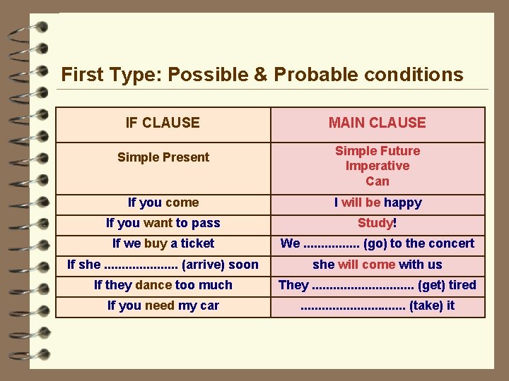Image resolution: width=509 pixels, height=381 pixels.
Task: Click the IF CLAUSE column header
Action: pyautogui.click(x=163, y=123)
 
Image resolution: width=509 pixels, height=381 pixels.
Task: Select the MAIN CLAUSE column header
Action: pyautogui.click(x=377, y=123)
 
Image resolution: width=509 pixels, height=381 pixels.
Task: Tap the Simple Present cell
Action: pyautogui.click(x=163, y=157)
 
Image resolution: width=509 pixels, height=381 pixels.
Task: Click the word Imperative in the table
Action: pyautogui.click(x=377, y=166)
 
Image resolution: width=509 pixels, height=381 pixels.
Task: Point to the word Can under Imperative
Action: pyautogui.click(x=377, y=181)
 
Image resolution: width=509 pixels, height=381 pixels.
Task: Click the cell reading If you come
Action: pyautogui.click(x=163, y=202)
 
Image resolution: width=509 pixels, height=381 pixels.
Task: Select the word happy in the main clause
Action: pyautogui.click(x=403, y=202)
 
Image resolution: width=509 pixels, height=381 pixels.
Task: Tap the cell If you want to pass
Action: pyautogui.click(x=163, y=223)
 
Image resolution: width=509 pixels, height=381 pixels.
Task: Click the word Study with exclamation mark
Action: pyautogui.click(x=377, y=223)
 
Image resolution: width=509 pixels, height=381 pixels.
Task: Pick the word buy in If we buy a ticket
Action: pyautogui.click(x=156, y=243)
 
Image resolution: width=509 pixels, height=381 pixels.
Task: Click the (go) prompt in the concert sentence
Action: pyautogui.click(x=375, y=243)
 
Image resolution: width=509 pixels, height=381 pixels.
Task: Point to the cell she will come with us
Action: pyautogui.click(x=377, y=265)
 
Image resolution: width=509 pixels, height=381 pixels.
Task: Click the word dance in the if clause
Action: pyautogui.click(x=153, y=285)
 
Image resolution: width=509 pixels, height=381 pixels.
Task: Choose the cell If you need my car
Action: pyautogui.click(x=163, y=306)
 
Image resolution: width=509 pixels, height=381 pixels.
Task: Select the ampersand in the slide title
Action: pyautogui.click(x=261, y=74)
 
